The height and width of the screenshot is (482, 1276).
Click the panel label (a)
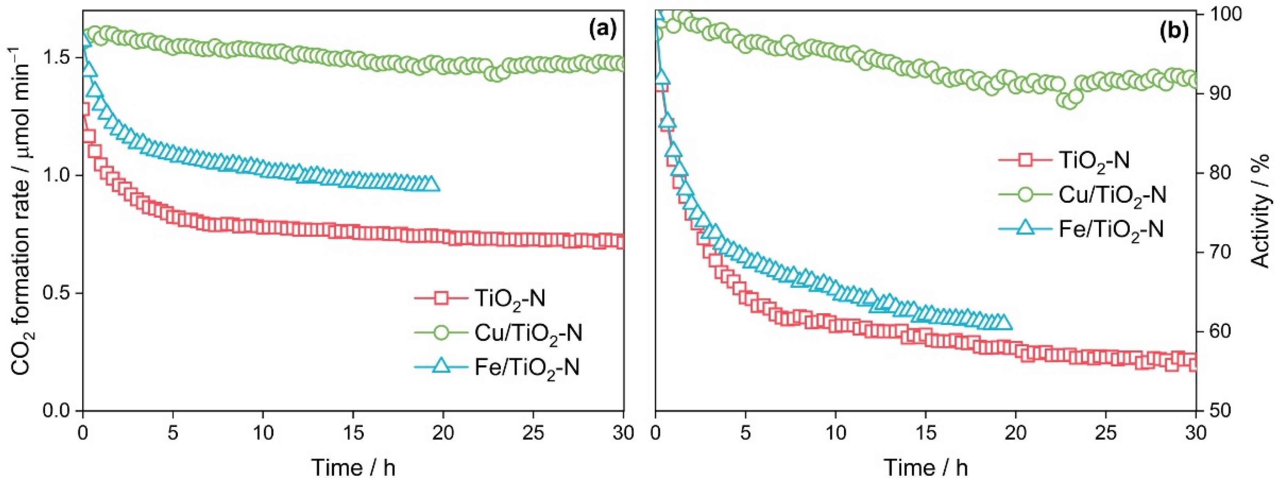603,31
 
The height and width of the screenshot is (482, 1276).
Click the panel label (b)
1174,31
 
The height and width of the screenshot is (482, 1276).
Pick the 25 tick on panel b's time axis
1106,433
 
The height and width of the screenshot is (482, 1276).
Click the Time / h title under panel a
353,467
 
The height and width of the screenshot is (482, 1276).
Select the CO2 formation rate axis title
21,211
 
